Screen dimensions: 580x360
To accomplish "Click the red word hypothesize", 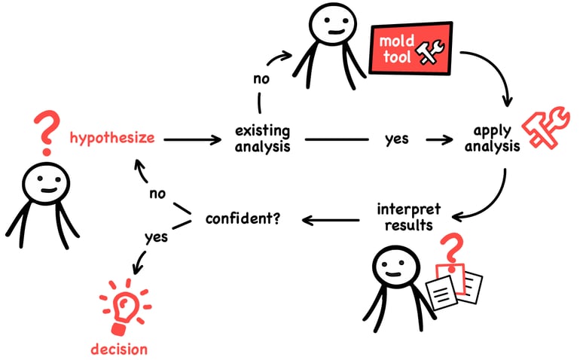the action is point(112,139).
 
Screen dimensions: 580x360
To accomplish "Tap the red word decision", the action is point(119,349).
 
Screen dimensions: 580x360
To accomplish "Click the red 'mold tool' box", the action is point(411,48).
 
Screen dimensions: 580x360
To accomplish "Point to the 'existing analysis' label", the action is point(263,139).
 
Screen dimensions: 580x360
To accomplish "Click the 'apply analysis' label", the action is point(492,139).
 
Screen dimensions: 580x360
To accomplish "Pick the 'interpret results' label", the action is point(409,217).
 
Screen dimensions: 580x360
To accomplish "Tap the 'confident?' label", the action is point(243,218).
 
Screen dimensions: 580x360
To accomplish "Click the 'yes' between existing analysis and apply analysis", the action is point(397,139).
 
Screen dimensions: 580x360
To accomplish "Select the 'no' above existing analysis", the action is point(261,79).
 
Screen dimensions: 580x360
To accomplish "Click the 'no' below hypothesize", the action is point(157,194).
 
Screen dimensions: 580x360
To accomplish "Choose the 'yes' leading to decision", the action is point(156,237).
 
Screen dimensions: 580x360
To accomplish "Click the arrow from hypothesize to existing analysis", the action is point(192,139).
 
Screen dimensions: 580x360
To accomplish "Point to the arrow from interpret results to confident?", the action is point(331,221).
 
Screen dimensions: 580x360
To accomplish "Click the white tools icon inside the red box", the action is point(429,52).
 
